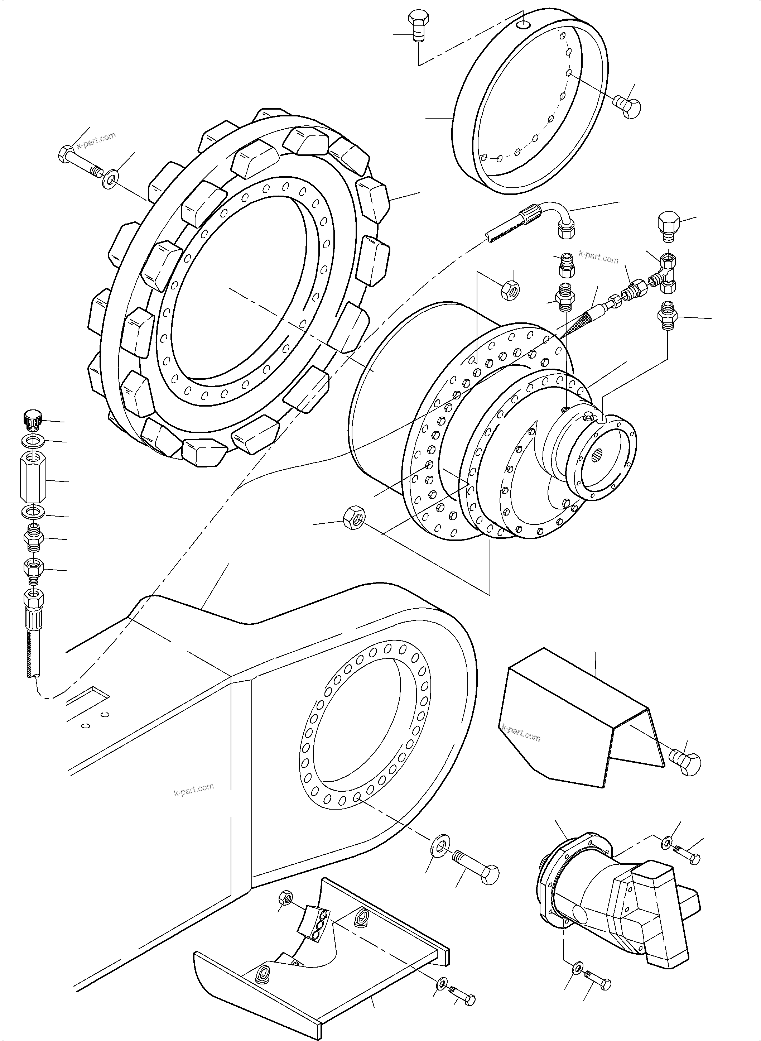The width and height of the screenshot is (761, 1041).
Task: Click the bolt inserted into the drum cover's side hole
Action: tap(627, 106)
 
